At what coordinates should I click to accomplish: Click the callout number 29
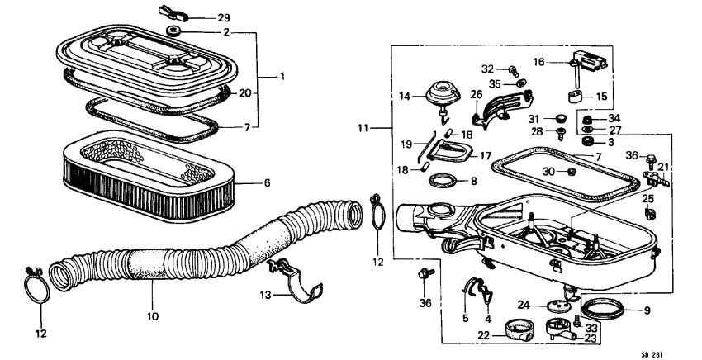(201, 17)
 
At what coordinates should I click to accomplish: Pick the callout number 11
(363, 129)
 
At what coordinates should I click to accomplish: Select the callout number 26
(477, 95)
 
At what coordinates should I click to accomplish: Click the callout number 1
(281, 76)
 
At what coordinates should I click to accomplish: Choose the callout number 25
(647, 199)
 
